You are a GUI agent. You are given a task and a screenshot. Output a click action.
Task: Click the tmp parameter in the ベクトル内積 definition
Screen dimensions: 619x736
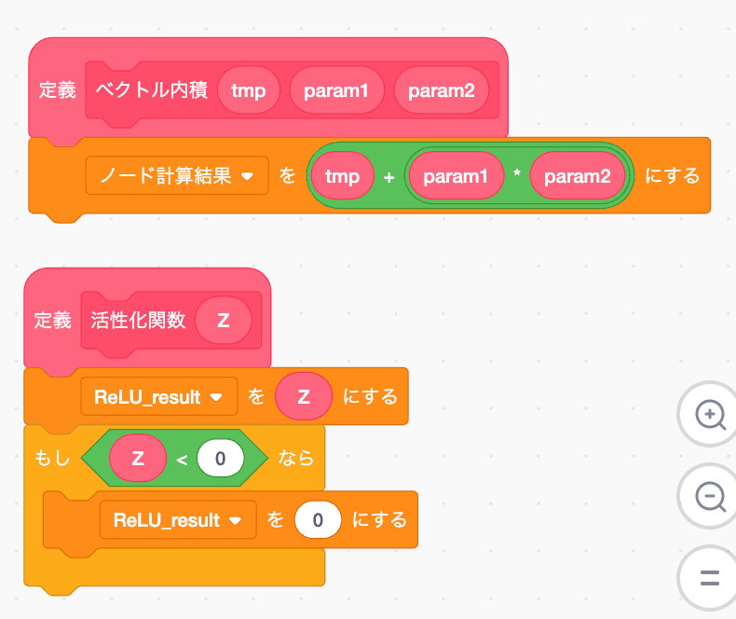point(248,90)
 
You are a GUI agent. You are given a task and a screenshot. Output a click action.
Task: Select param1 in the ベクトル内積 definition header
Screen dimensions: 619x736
point(336,90)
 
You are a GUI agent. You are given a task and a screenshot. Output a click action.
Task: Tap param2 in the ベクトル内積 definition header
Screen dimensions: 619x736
point(441,90)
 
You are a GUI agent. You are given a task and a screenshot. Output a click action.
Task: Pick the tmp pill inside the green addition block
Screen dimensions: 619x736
point(342,175)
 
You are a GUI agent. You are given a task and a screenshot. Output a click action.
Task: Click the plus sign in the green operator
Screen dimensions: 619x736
point(388,176)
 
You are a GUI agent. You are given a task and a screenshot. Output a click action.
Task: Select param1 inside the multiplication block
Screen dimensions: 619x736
point(456,175)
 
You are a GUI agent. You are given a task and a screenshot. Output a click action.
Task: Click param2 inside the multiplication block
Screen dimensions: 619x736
point(577,175)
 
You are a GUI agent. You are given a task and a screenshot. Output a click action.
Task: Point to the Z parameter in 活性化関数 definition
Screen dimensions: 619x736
point(224,321)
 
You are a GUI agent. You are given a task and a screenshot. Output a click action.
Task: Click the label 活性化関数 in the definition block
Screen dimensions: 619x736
point(138,321)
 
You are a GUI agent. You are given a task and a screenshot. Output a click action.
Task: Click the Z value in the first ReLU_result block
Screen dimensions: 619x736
point(304,396)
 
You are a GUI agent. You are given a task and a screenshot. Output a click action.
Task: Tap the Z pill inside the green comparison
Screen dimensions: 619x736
point(138,458)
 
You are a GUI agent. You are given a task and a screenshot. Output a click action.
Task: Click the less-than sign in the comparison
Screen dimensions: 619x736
point(183,459)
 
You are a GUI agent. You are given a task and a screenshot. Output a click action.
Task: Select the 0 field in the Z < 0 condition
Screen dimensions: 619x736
point(220,458)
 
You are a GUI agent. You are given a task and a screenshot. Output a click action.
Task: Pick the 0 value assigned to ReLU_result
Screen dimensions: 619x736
point(318,519)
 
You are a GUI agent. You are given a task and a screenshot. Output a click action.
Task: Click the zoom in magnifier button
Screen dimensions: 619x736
point(709,415)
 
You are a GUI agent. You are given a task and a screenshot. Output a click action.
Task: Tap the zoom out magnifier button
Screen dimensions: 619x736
point(709,496)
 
